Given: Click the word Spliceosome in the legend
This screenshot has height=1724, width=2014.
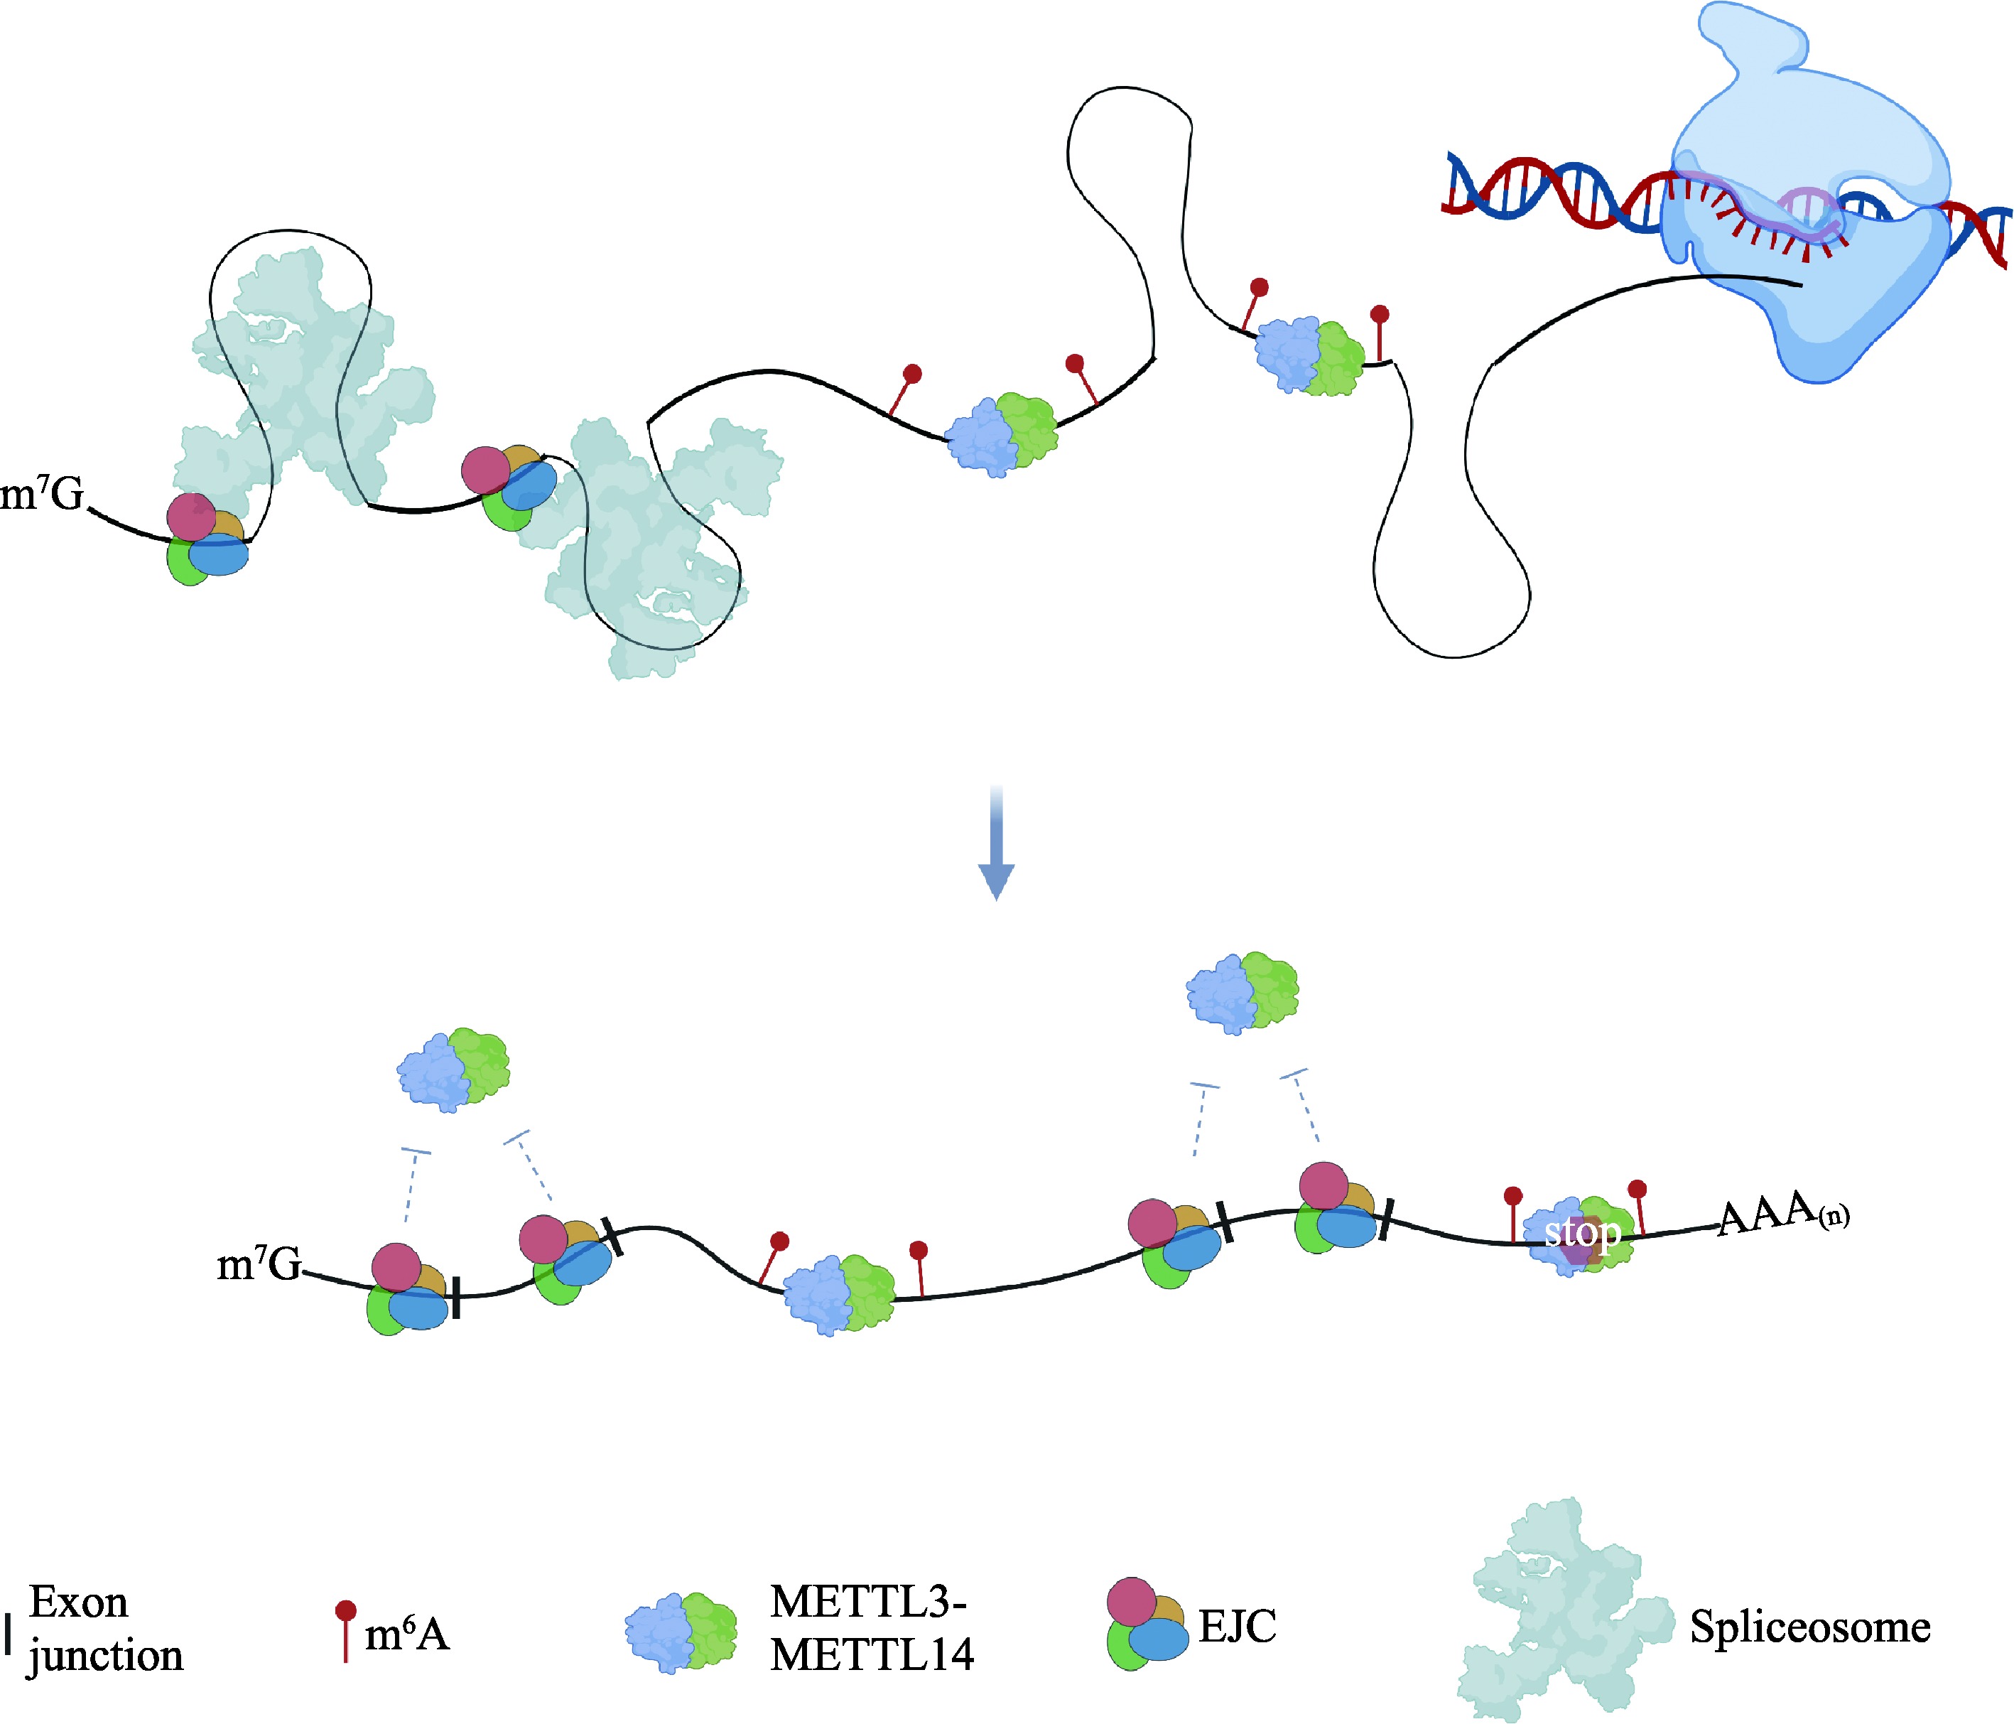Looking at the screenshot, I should pyautogui.click(x=1809, y=1627).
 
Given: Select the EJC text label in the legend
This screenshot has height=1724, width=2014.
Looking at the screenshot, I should pyautogui.click(x=1236, y=1625).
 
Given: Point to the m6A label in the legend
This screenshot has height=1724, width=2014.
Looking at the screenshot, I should pyautogui.click(x=406, y=1634).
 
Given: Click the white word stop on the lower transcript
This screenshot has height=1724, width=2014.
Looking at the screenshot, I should pyautogui.click(x=1583, y=1233).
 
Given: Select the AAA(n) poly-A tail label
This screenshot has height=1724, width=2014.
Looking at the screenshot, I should pyautogui.click(x=1782, y=1215).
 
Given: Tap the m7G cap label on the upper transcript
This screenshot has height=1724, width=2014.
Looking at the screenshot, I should pyautogui.click(x=43, y=494).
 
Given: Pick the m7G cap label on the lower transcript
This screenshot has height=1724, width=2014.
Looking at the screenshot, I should pyautogui.click(x=259, y=1264).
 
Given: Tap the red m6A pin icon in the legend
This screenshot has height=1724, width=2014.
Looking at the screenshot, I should pyautogui.click(x=345, y=1629).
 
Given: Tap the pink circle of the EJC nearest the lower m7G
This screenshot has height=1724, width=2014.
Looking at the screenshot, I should pyautogui.click(x=396, y=1266).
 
